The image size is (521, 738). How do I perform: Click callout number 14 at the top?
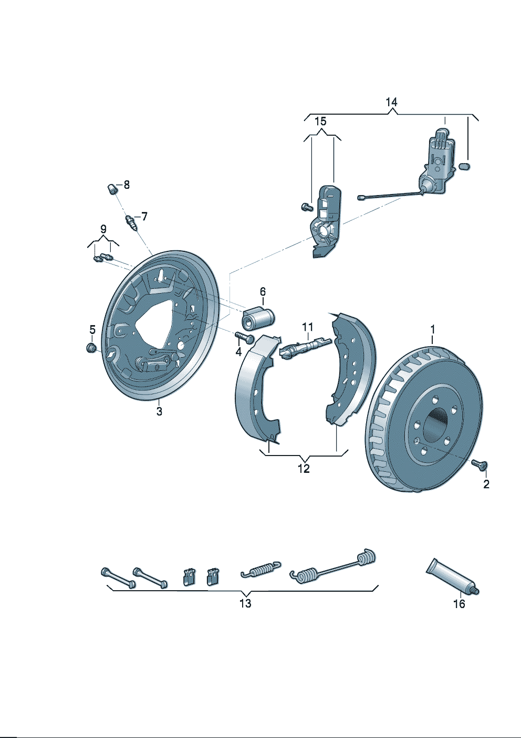pyautogui.click(x=391, y=102)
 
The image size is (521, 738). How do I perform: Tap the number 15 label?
pyautogui.click(x=320, y=122)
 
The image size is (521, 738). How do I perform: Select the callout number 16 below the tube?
pyautogui.click(x=459, y=604)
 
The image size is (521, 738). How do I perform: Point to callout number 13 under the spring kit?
pyautogui.click(x=245, y=603)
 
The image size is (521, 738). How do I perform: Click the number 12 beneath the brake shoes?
pyautogui.click(x=304, y=468)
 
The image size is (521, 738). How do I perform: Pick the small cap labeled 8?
pyautogui.click(x=111, y=188)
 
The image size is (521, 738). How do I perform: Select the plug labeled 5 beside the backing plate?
pyautogui.click(x=91, y=348)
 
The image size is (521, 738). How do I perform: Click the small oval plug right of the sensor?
pyautogui.click(x=464, y=167)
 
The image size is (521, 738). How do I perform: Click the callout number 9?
pyautogui.click(x=103, y=229)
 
